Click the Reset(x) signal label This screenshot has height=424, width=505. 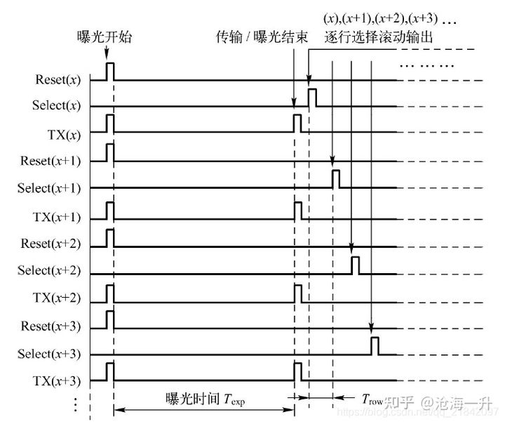point(58,79)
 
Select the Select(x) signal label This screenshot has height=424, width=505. point(57,106)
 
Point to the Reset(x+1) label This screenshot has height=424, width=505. point(50,161)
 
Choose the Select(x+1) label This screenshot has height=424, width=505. point(49,188)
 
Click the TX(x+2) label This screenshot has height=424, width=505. point(56,297)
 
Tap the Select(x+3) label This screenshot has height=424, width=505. point(49,353)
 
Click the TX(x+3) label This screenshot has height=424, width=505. point(56,380)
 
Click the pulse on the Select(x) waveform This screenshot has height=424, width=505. point(312,98)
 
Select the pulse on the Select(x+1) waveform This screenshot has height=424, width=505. point(336,179)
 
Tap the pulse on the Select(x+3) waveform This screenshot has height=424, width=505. point(375,345)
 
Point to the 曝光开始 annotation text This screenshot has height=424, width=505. point(104,37)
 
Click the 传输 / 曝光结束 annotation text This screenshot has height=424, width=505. point(262,37)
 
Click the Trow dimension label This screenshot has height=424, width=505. point(372,400)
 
